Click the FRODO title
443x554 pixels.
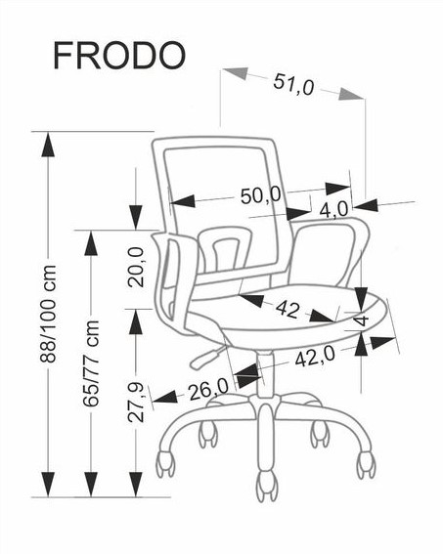point(119,56)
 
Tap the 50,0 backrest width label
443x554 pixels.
point(261,195)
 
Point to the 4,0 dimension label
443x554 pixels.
point(333,209)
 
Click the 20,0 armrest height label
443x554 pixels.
point(136,267)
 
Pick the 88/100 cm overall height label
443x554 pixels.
point(48,314)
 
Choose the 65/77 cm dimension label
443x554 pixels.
point(91,363)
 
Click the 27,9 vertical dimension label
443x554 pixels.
point(136,403)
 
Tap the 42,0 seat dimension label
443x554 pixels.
point(315,357)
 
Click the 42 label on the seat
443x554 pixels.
point(288,309)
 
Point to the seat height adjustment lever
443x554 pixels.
point(206,357)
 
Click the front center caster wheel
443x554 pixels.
point(267,486)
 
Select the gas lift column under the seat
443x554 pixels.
point(266,374)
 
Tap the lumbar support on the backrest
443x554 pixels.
point(225,249)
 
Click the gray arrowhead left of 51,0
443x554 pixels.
point(236,72)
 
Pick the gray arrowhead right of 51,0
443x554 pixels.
point(350,94)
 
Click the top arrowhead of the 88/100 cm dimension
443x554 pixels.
point(48,145)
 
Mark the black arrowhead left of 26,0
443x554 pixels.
point(165,397)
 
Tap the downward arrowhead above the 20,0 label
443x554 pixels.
point(136,217)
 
